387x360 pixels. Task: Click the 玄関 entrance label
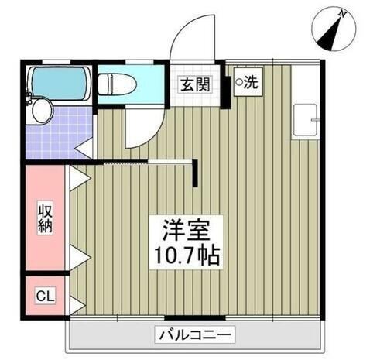195,85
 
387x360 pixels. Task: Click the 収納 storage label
46,219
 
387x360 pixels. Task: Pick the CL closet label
46,296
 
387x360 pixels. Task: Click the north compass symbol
334,29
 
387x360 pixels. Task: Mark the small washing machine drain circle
238,81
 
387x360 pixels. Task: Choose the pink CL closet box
46,296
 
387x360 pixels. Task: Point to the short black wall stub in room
199,172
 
